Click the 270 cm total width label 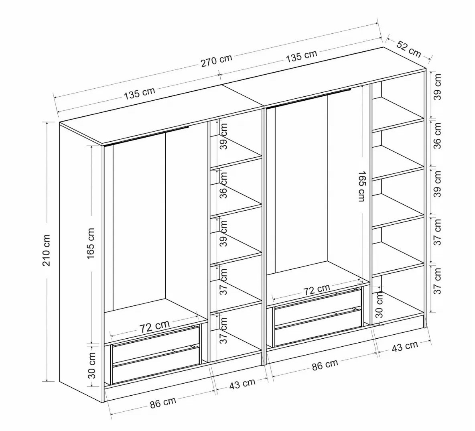pos(216,60)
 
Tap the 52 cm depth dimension pos(409,49)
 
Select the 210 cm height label pos(47,250)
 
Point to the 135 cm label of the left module pos(140,93)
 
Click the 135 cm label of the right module pos(302,56)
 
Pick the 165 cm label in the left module pos(91,243)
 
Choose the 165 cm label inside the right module pos(362,186)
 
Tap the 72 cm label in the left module pos(154,326)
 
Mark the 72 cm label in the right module pos(317,290)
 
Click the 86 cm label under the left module pos(163,403)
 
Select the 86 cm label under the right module pos(325,365)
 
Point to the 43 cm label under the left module pos(242,384)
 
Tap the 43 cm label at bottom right pos(405,346)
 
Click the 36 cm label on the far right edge pos(437,140)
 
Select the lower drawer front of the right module pos(318,327)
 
